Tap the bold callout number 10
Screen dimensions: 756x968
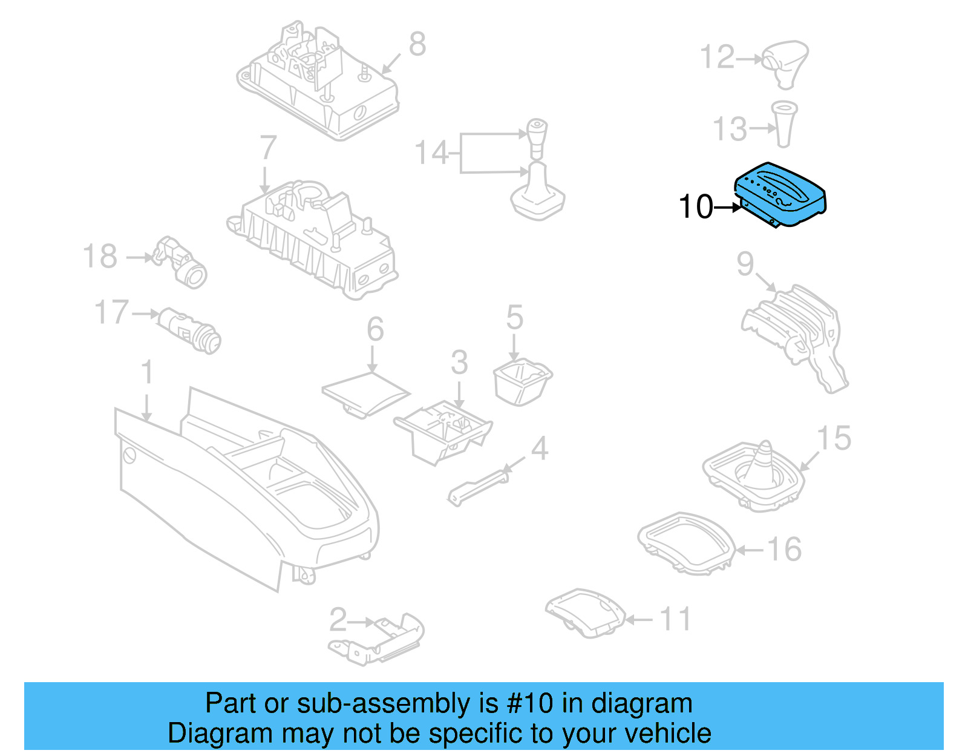[x=696, y=207]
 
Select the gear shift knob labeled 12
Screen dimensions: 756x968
[x=785, y=62]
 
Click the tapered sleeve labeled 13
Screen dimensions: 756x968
[x=784, y=124]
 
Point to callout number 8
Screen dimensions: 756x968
[x=417, y=44]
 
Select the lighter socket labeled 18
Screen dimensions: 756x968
[x=182, y=262]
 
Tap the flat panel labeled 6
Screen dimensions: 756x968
[x=365, y=393]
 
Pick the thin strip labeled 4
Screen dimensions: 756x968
[x=478, y=488]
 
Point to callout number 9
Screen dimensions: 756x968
[x=745, y=263]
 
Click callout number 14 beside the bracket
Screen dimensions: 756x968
[x=431, y=153]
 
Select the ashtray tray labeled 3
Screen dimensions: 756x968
[x=444, y=432]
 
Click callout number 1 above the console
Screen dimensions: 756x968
[x=147, y=372]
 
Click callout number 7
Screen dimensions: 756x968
[x=267, y=148]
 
